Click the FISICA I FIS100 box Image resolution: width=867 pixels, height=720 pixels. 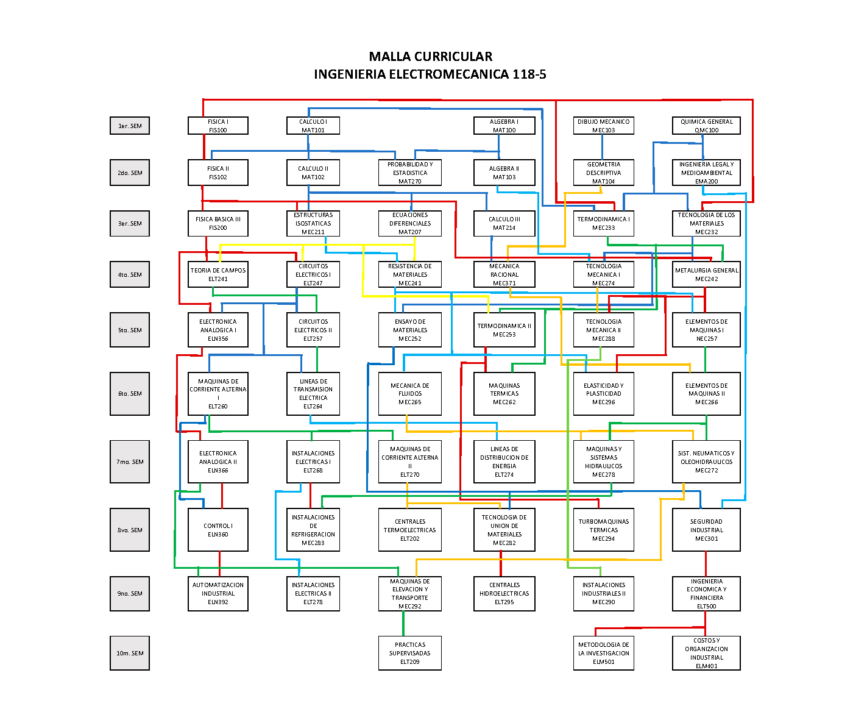218,126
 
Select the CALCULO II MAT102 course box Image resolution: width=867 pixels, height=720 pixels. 313,173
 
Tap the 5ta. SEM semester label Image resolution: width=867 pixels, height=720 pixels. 130,330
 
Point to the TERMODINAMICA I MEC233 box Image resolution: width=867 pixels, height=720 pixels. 603,223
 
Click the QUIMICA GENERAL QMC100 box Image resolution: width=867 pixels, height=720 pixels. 706,126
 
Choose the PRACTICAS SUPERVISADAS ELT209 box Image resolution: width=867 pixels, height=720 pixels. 409,653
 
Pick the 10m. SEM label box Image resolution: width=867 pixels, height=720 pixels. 130,653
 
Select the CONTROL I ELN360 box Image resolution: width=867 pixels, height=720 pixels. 218,530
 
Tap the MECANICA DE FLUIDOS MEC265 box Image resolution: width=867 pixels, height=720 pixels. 409,394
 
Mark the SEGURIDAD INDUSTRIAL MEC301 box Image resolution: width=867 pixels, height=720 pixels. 706,530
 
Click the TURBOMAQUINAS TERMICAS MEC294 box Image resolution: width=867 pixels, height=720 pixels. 603,530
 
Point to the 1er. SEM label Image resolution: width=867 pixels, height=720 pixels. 130,126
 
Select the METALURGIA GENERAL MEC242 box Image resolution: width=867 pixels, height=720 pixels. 706,274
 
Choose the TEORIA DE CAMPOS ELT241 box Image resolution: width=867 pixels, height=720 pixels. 218,274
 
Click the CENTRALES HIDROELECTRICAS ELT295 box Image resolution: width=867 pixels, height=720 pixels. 504,593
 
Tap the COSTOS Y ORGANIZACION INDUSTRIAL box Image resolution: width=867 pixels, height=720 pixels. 706,653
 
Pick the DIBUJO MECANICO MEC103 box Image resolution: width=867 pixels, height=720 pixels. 603,126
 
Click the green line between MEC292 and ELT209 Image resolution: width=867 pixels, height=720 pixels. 403,623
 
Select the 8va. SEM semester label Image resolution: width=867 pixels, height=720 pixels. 130,530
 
